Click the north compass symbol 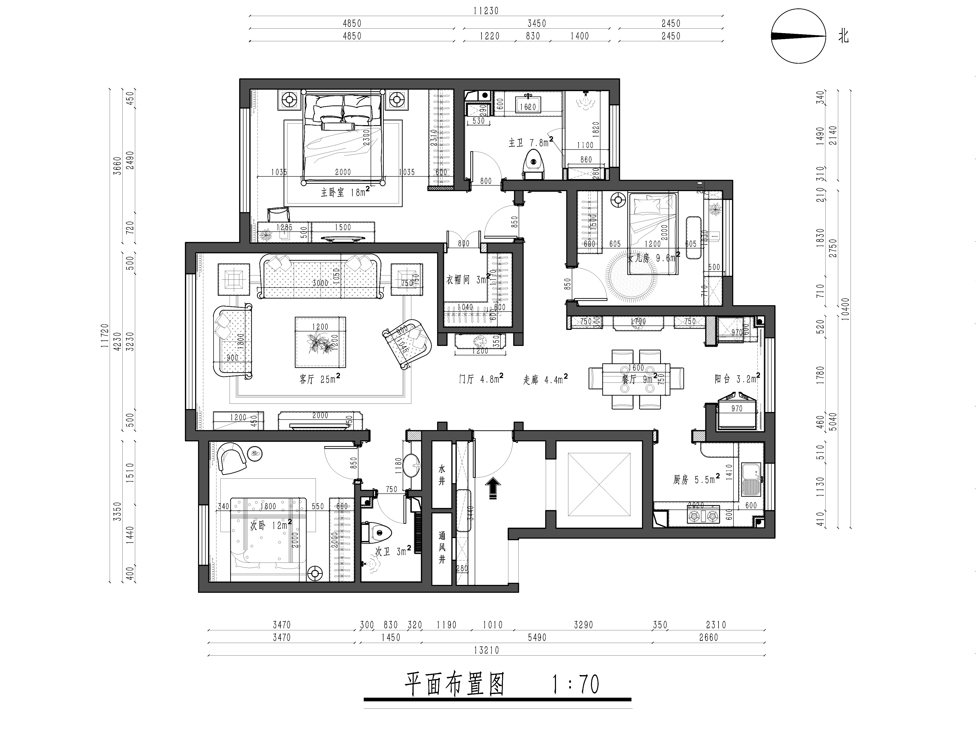[x=798, y=37]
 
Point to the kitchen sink [x=751, y=479]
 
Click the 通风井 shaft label [x=442, y=547]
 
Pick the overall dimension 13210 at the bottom [x=486, y=650]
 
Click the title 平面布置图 [x=454, y=684]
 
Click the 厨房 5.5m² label [x=696, y=479]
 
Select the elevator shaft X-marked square [x=599, y=484]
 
